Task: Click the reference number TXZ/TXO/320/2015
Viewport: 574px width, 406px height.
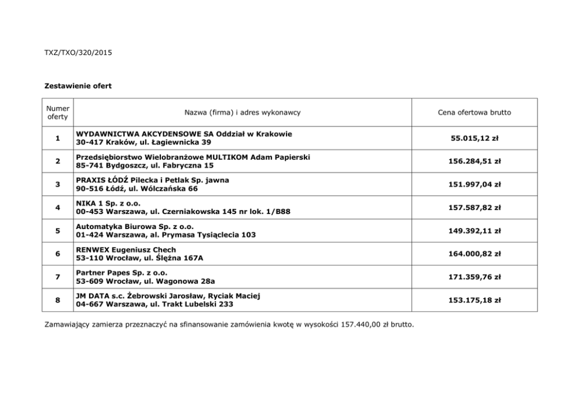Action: (78, 53)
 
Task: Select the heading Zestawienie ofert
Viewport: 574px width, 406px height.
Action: (78, 86)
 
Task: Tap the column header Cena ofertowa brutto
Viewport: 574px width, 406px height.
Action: (474, 112)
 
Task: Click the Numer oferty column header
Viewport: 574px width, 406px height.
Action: (58, 112)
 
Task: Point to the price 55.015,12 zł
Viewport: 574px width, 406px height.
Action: (475, 138)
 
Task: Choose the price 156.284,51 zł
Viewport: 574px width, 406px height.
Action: (475, 161)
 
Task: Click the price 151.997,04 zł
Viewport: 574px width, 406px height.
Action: (475, 184)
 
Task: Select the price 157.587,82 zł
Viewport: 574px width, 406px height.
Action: (475, 208)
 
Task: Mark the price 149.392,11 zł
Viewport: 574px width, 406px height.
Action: (475, 231)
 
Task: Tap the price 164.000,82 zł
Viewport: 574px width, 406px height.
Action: (475, 254)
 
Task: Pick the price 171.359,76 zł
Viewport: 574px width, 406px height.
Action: (475, 277)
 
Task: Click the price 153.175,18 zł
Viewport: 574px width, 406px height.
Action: (475, 300)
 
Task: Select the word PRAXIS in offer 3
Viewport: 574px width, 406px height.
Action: (90, 180)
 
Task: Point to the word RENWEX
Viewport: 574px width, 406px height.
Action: (92, 250)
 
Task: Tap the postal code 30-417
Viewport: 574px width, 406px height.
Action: (88, 142)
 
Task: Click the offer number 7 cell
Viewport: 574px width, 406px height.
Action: (58, 277)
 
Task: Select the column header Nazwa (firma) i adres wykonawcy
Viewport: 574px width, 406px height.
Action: (242, 112)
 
